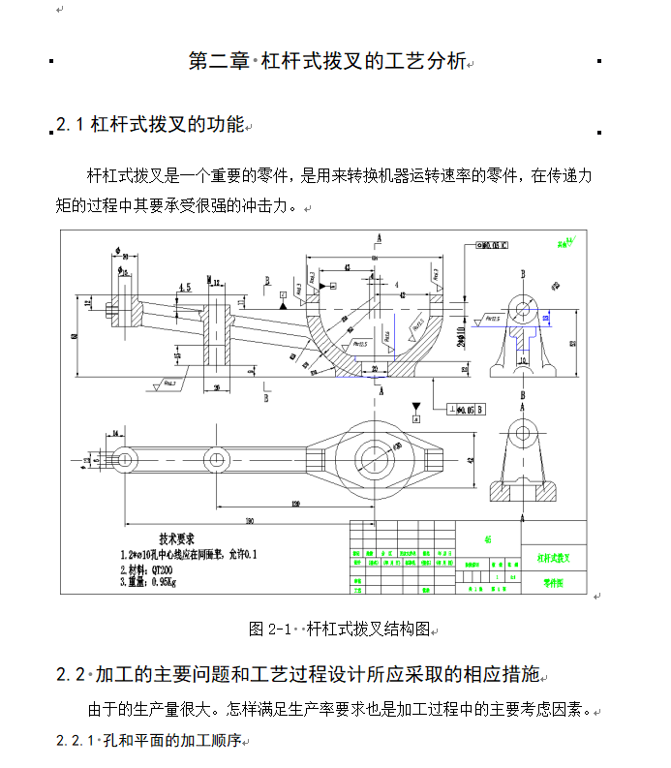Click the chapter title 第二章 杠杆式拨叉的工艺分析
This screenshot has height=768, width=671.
point(327,62)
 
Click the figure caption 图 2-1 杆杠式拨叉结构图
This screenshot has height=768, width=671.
point(339,629)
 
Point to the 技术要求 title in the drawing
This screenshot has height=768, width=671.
point(177,538)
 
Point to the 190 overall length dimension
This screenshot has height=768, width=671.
point(249,521)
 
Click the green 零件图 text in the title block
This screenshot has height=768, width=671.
point(552,585)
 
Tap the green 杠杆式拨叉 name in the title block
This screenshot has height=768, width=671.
point(553,558)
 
